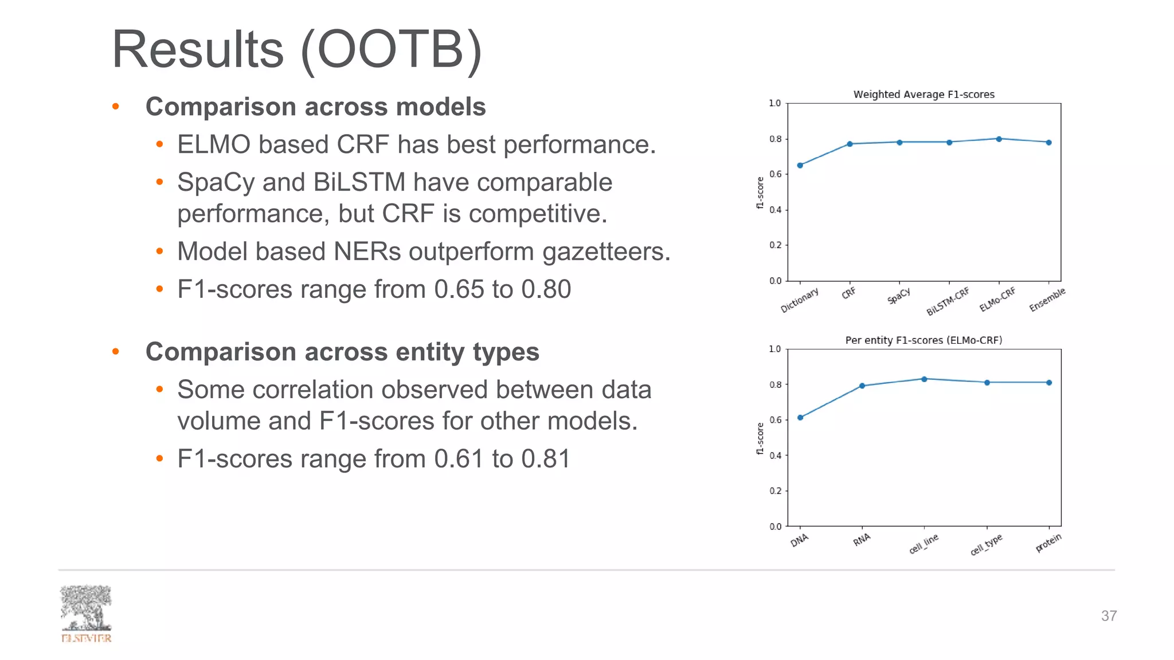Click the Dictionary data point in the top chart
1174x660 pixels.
point(800,166)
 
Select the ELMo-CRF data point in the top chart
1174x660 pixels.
point(999,139)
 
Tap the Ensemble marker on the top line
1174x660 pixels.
point(1049,143)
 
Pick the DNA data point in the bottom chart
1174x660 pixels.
point(800,418)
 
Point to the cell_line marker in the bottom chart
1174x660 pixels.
point(924,379)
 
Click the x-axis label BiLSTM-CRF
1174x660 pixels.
point(948,301)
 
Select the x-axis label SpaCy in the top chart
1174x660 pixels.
point(899,296)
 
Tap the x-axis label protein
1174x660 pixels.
point(1048,543)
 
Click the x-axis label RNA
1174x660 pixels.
point(862,540)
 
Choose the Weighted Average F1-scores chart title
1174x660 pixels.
point(923,95)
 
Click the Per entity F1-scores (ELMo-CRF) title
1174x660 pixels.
point(923,340)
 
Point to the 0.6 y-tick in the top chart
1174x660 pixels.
point(775,174)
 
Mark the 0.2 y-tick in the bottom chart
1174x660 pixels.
point(775,491)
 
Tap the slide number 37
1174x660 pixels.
point(1109,616)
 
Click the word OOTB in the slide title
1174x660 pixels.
point(390,50)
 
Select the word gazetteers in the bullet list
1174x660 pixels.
point(606,252)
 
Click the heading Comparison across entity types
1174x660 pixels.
point(342,352)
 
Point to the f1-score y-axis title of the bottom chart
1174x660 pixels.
point(760,438)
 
